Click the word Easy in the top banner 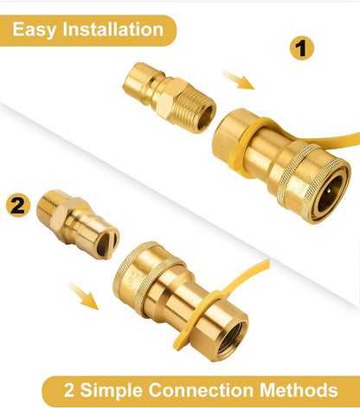(x=34, y=30)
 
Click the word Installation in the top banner (x=112, y=29)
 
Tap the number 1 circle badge (x=302, y=48)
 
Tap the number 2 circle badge (x=18, y=205)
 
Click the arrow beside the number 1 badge (x=238, y=80)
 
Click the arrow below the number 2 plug (x=83, y=295)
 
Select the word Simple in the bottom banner (x=111, y=390)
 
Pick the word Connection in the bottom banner (x=201, y=390)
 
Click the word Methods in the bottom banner (x=299, y=390)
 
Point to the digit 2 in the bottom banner (x=69, y=390)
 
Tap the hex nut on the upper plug (x=170, y=94)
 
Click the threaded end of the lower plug (x=48, y=205)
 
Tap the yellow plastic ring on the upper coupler (x=244, y=144)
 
